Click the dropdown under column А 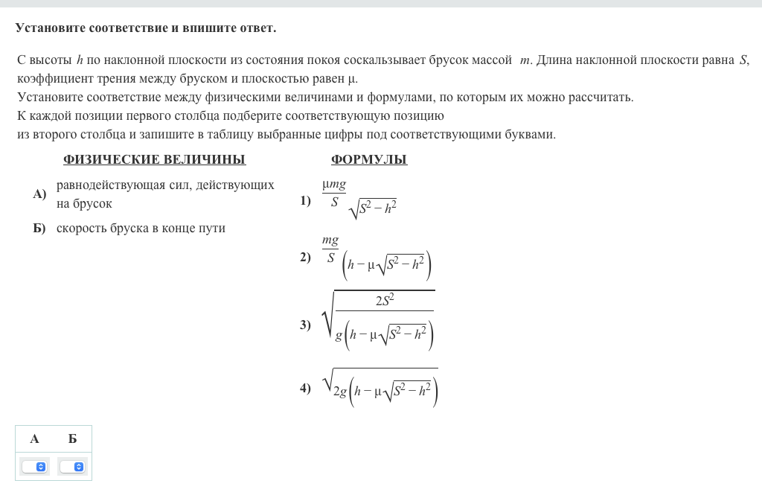pyautogui.click(x=34, y=467)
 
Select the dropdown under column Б pyautogui.click(x=72, y=467)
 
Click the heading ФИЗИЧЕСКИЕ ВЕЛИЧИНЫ pyautogui.click(x=154, y=160)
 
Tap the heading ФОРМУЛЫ pyautogui.click(x=369, y=160)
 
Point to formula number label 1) pyautogui.click(x=306, y=200)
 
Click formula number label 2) pyautogui.click(x=306, y=258)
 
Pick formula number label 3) pyautogui.click(x=306, y=325)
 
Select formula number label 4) pyautogui.click(x=306, y=388)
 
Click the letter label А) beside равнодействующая pyautogui.click(x=39, y=194)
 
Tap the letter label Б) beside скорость pyautogui.click(x=39, y=229)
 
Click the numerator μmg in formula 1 pyautogui.click(x=334, y=185)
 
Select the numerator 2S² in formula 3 pyautogui.click(x=385, y=300)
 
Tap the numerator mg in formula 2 pyautogui.click(x=330, y=241)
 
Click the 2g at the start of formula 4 pyautogui.click(x=340, y=392)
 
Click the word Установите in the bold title pyautogui.click(x=50, y=28)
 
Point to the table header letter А pyautogui.click(x=34, y=439)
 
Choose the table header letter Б pyautogui.click(x=72, y=439)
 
